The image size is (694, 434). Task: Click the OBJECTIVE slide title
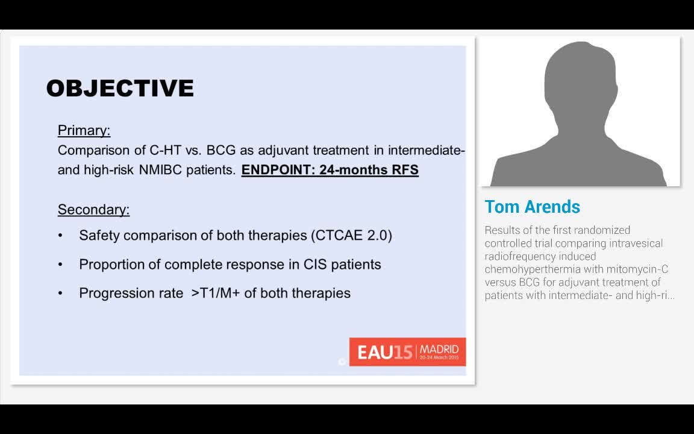point(120,88)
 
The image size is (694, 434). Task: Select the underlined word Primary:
point(84,130)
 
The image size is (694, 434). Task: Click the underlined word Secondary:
point(93,210)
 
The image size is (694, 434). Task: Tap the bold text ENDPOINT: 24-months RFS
point(330,170)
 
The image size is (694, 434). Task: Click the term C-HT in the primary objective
point(165,150)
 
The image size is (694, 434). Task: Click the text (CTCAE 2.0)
point(351,235)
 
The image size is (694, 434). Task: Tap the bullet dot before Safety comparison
point(60,235)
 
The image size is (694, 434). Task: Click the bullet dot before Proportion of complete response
point(60,264)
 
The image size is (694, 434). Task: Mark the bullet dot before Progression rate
point(60,293)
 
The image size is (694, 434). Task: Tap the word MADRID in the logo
point(439,349)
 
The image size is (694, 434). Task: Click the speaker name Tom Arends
point(532,207)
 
